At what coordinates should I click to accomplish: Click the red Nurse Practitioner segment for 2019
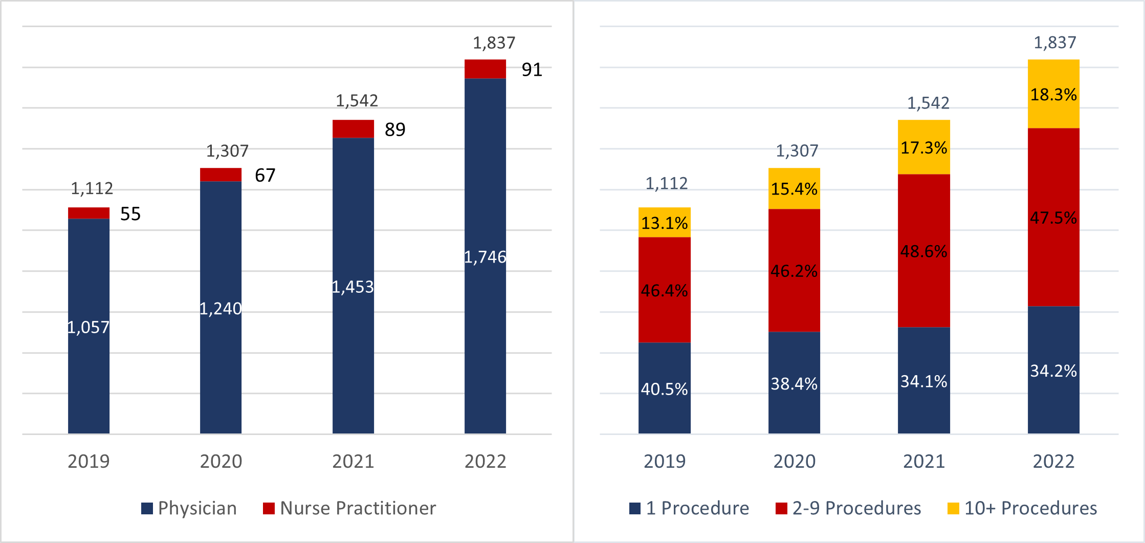pos(89,213)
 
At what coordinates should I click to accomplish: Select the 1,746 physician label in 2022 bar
pos(485,257)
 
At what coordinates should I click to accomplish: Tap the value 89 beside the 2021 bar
pos(395,129)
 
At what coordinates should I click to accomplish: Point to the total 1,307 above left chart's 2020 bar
pos(227,151)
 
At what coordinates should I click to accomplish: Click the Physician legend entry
pos(189,508)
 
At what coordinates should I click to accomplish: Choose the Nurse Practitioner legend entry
pos(350,508)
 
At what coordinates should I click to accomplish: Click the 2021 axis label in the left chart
pos(353,461)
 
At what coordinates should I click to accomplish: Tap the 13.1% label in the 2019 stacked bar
pos(664,223)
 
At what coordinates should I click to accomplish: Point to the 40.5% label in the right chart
pos(664,389)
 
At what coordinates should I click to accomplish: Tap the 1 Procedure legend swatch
pos(635,508)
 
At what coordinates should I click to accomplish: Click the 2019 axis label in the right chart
pos(664,461)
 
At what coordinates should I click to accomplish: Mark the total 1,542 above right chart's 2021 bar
pos(928,103)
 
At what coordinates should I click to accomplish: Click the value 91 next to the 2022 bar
pos(532,70)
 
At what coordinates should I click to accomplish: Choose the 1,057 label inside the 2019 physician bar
pos(89,328)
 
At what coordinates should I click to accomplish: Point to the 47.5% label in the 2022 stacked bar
pos(1053,218)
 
